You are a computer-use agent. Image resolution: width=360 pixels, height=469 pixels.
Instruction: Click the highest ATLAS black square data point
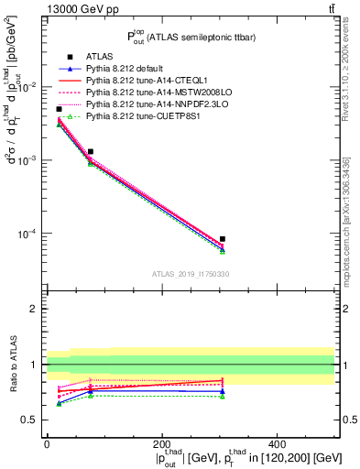coord(59,109)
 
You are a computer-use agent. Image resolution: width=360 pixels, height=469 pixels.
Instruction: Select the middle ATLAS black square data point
coord(90,151)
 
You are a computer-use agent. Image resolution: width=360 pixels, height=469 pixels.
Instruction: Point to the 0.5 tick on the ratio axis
coord(34,420)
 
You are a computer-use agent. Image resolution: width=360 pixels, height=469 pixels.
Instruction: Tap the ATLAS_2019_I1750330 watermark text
coord(190,273)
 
